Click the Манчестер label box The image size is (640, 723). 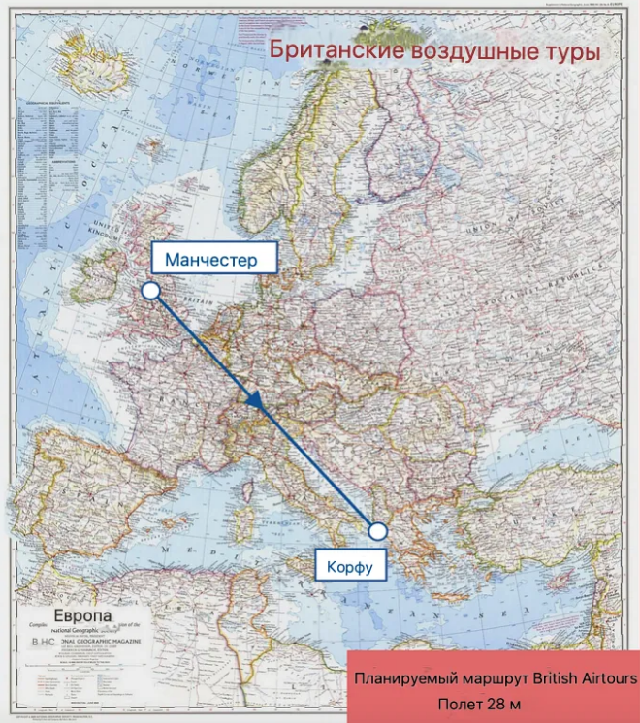(211, 260)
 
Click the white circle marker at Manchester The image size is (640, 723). (150, 290)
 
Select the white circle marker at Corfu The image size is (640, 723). (377, 530)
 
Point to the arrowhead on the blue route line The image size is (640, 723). (255, 400)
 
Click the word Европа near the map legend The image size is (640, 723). (82, 616)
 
